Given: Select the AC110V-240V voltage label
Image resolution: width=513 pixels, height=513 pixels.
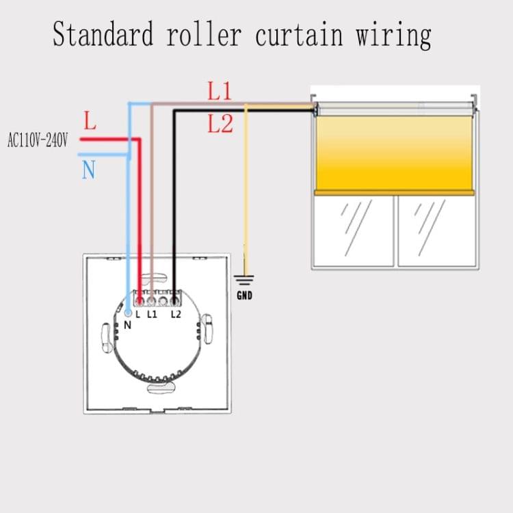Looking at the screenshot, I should point(38,141).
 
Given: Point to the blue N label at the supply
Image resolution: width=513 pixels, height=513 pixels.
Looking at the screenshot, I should point(88,170).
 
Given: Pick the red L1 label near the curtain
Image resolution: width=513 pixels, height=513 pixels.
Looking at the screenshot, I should point(220,92).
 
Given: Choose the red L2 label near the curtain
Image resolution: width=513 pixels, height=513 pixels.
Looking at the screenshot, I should point(220,124).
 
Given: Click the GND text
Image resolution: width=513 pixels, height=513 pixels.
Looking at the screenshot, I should point(244,295).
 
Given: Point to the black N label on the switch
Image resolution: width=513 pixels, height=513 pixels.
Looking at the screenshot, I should point(127,325).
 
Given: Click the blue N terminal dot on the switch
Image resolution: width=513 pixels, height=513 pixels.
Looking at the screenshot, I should point(128,313).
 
